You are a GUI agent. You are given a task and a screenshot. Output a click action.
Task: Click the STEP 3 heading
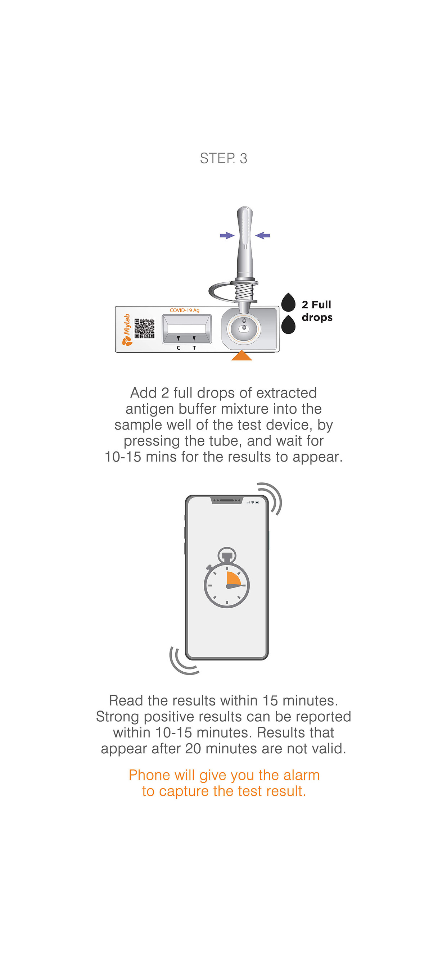click(223, 158)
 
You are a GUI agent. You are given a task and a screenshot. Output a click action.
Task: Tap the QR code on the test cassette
click(144, 328)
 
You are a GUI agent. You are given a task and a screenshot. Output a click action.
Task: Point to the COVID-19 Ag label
click(184, 310)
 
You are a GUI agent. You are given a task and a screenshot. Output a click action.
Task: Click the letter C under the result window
click(179, 348)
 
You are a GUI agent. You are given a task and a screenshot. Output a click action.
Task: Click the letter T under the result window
click(194, 348)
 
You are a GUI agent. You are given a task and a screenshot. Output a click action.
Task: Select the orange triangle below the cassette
click(241, 355)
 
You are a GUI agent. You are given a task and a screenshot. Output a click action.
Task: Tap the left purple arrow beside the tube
click(227, 235)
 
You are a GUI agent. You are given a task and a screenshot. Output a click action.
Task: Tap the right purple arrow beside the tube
click(263, 235)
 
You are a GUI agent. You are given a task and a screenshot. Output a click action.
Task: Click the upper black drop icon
click(289, 303)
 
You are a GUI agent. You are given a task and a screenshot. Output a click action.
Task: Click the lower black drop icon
click(289, 325)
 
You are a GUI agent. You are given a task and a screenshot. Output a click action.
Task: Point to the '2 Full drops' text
click(317, 311)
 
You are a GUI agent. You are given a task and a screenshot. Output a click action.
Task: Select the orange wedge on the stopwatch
click(233, 579)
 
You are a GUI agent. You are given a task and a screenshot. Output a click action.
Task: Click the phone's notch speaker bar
click(227, 500)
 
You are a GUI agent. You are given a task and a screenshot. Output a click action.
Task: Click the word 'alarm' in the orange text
click(301, 775)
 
